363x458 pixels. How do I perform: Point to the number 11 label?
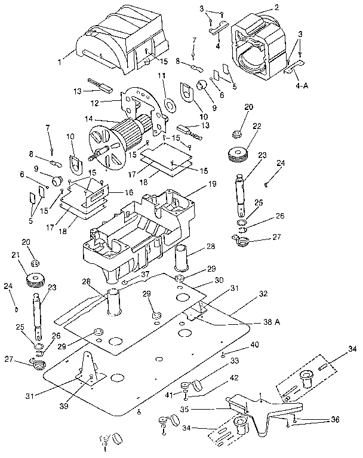(161, 76)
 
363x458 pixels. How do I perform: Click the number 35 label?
(184, 410)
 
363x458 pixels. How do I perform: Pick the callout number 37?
(144, 273)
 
